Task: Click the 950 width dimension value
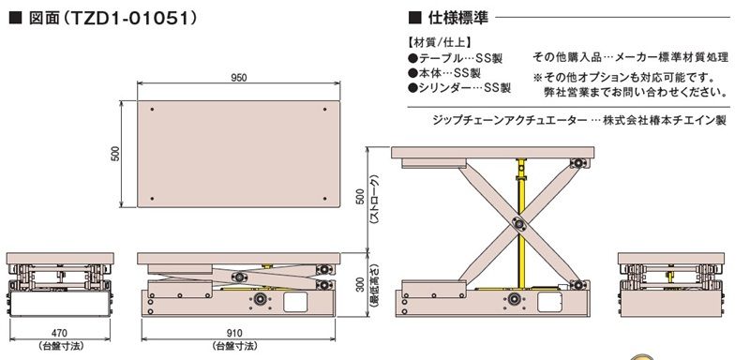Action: click(x=239, y=78)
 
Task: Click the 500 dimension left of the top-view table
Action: click(x=115, y=154)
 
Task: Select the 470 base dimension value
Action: click(x=59, y=333)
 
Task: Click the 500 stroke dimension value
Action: click(x=361, y=197)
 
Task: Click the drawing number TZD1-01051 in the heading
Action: click(x=129, y=18)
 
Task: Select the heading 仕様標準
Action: click(x=458, y=18)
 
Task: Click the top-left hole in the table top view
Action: click(x=152, y=110)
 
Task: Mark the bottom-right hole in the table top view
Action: click(x=324, y=199)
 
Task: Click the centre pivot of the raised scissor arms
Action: click(x=519, y=223)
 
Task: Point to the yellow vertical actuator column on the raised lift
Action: click(x=521, y=223)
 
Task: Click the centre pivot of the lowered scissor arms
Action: click(x=238, y=277)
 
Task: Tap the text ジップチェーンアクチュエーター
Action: click(x=509, y=120)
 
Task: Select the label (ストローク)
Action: click(x=375, y=200)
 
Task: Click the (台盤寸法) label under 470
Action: click(x=60, y=346)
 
